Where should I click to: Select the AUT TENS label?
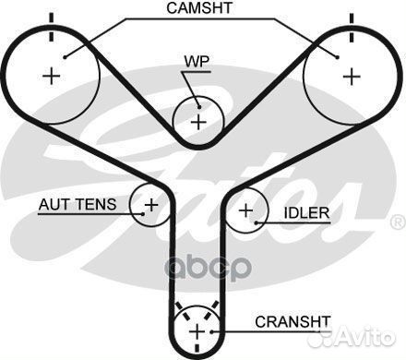click(77, 205)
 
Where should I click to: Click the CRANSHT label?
click(292, 322)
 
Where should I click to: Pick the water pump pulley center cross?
click(197, 120)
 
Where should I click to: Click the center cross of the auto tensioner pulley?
click(149, 204)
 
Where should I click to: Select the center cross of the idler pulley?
click(246, 210)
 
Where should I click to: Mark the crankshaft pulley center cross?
click(197, 330)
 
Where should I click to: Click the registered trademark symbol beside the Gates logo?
click(398, 222)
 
